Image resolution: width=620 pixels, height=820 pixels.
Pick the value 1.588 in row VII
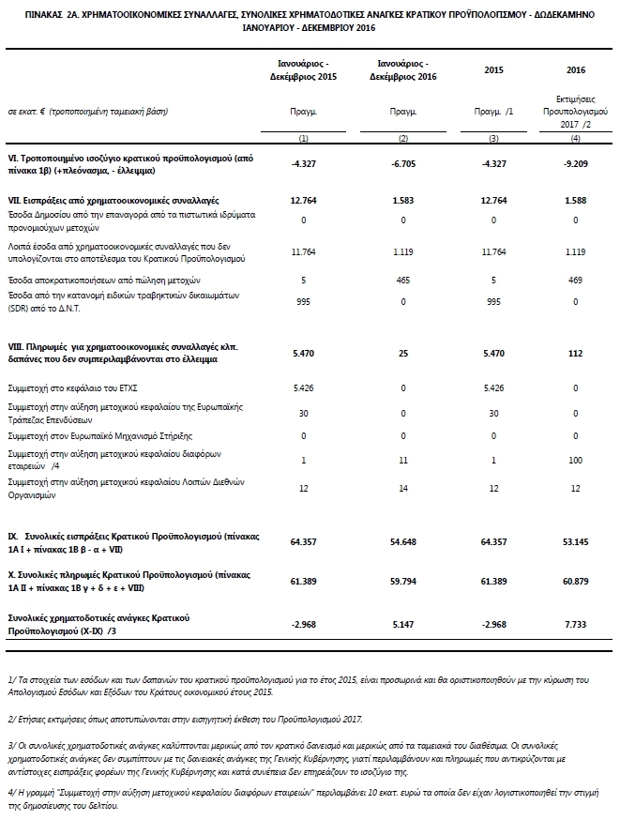pyautogui.click(x=577, y=200)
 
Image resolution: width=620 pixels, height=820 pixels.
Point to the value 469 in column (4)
pyautogui.click(x=577, y=280)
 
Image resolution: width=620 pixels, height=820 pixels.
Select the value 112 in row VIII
pyautogui.click(x=577, y=353)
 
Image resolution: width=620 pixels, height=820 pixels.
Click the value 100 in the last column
pyautogui.click(x=577, y=461)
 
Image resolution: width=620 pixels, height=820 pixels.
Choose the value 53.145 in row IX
pyautogui.click(x=577, y=541)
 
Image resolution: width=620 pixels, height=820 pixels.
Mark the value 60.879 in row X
pyautogui.click(x=577, y=583)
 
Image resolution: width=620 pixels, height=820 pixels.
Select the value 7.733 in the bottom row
pyautogui.click(x=577, y=623)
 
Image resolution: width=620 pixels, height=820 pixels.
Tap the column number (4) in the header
pyautogui.click(x=577, y=139)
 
